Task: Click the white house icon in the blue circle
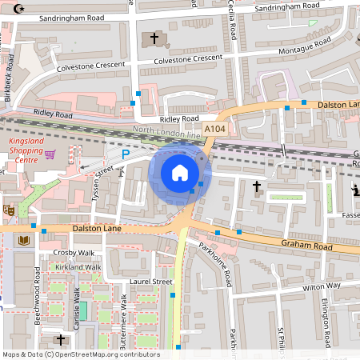click(x=180, y=172)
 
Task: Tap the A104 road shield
click(x=214, y=129)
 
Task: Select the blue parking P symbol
click(x=125, y=154)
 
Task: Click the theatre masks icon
click(x=9, y=210)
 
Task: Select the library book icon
click(x=24, y=240)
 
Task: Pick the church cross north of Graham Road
click(x=257, y=187)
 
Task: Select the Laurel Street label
click(x=152, y=282)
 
